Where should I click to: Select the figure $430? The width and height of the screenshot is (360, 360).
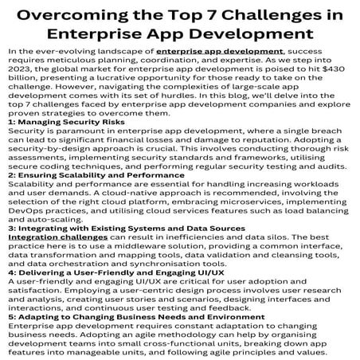pos(329,68)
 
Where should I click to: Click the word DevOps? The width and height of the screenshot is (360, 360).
pos(25,205)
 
